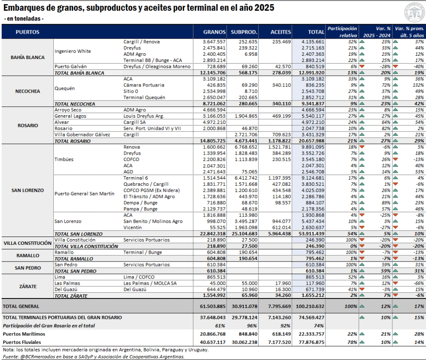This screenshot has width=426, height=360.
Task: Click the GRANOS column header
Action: (214, 32)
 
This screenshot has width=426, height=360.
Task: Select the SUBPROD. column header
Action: (244, 32)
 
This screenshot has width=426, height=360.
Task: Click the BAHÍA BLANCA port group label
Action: (27, 57)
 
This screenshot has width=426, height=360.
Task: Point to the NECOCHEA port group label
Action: (27, 91)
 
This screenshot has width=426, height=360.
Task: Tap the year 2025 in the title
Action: (264, 8)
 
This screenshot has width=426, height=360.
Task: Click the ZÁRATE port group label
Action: (27, 286)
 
